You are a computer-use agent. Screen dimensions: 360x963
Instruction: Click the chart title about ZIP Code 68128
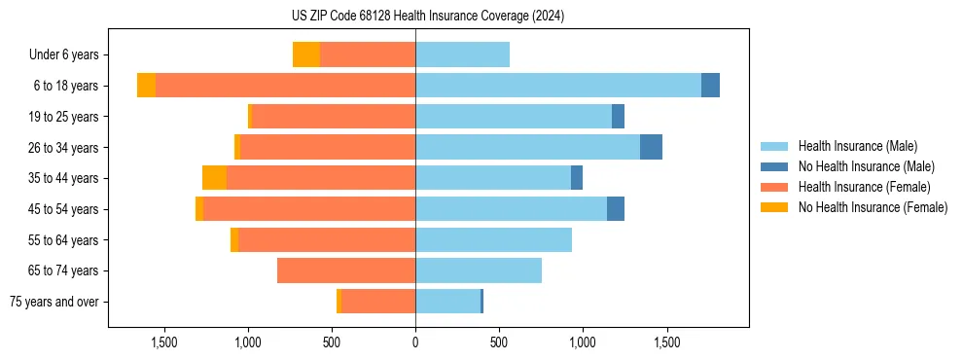(427, 16)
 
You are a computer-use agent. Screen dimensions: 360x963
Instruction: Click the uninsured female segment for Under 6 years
(306, 55)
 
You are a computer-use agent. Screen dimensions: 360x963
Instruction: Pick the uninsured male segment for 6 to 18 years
(710, 86)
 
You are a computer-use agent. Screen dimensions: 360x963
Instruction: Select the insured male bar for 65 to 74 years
(479, 270)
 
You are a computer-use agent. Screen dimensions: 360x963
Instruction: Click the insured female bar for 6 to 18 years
(285, 86)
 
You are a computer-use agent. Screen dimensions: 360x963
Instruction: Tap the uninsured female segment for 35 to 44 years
(214, 178)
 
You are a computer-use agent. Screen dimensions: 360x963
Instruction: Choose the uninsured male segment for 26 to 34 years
(651, 147)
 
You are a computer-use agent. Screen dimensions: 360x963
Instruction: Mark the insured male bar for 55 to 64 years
(493, 239)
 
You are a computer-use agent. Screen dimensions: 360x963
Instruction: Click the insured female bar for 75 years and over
(378, 302)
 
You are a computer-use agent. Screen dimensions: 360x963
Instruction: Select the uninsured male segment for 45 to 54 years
(616, 209)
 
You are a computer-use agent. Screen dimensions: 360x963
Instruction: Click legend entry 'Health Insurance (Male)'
(857, 146)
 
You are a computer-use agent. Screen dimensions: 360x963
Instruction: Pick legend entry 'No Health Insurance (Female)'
(873, 207)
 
